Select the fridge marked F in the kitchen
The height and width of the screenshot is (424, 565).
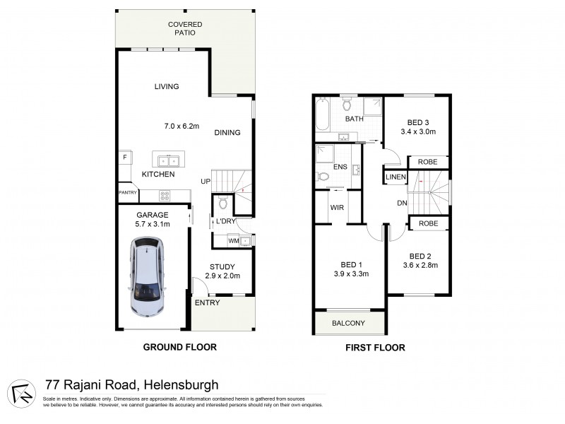(125, 156)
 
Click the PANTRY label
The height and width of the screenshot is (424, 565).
(127, 192)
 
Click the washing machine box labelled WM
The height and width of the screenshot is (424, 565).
(233, 241)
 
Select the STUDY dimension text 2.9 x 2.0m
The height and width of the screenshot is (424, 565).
(222, 276)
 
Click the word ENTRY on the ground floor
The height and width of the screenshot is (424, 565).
(207, 303)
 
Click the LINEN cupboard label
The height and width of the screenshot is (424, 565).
(395, 177)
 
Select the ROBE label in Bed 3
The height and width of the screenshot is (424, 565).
(427, 162)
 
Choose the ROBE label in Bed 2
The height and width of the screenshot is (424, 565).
(427, 223)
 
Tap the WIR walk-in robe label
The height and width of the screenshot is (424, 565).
(336, 208)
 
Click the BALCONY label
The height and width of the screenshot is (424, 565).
(348, 324)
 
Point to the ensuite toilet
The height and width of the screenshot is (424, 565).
(323, 177)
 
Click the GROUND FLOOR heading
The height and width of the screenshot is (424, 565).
(179, 347)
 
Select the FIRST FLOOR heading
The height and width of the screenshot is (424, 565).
(374, 348)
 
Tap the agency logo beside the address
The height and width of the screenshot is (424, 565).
(23, 393)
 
